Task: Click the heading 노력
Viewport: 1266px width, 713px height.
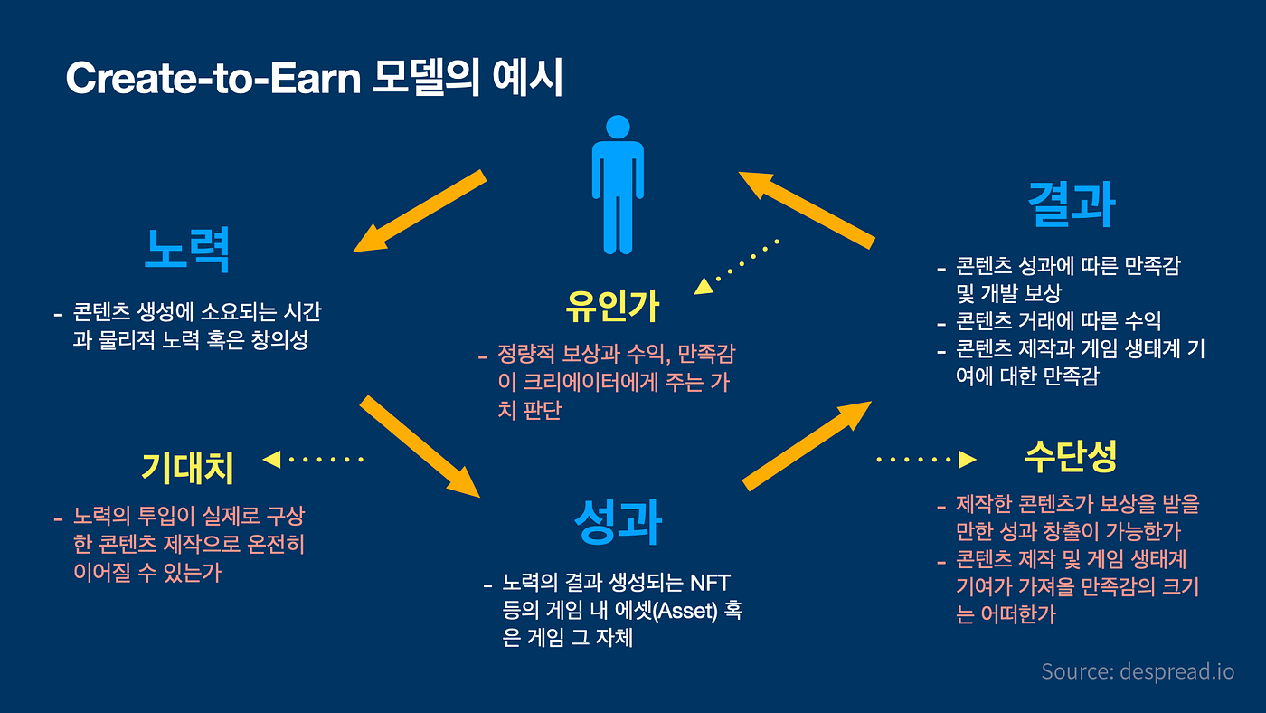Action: coord(187,249)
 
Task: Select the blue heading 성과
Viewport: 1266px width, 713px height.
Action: coord(619,522)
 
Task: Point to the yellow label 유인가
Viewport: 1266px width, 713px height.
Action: coord(612,308)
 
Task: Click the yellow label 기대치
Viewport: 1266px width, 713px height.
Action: coord(187,468)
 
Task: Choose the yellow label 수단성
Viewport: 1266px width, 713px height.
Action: coord(1071,457)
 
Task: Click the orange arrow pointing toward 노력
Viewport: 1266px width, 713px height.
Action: coord(420,212)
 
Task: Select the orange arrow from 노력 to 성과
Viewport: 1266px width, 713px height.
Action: coord(420,446)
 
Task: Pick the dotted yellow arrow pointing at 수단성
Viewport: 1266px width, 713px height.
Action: coord(927,460)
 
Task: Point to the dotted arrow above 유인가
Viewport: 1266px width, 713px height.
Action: coord(736,266)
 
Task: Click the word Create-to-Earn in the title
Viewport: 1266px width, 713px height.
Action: coord(213,80)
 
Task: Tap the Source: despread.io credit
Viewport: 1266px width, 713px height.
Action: coord(1137,671)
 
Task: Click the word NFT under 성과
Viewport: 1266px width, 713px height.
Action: coord(714,580)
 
